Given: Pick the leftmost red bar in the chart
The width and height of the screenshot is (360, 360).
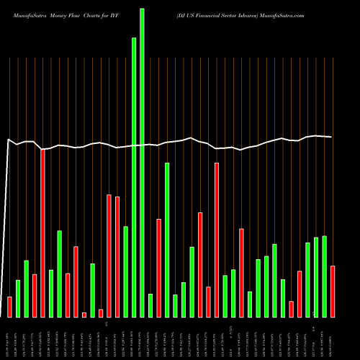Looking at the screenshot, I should click(x=9, y=307).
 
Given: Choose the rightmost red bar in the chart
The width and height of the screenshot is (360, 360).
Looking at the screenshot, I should click(x=333, y=292).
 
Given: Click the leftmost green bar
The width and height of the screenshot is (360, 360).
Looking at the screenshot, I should click(x=18, y=298).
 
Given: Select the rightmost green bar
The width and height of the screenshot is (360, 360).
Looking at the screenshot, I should click(x=324, y=276).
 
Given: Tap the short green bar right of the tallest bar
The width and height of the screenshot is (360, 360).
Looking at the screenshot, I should click(x=150, y=305).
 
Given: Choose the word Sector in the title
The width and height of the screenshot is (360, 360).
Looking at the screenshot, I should click(x=243, y=14).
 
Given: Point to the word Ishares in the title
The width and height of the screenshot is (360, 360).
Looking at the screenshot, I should click(x=264, y=14).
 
